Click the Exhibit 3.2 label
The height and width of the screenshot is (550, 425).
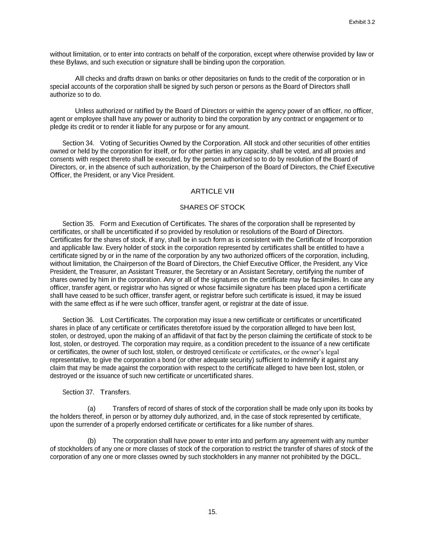[x=362, y=23]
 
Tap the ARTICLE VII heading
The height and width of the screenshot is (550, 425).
[x=212, y=191]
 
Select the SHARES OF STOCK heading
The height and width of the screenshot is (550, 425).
[x=212, y=208]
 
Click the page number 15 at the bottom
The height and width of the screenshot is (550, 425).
[x=212, y=512]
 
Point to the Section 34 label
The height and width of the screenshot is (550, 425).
[x=78, y=143]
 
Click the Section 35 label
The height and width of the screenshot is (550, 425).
[x=78, y=224]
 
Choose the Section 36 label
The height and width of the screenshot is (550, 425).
[x=78, y=320]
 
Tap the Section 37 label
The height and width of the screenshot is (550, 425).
[x=78, y=392]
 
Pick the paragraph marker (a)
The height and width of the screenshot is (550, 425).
[x=91, y=409]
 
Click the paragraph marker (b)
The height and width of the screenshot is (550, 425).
[x=91, y=441]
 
